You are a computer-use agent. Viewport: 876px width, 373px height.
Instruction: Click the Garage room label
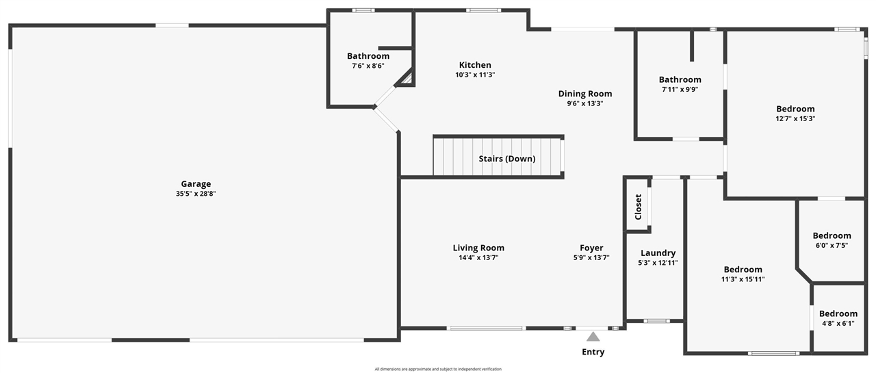(x=196, y=184)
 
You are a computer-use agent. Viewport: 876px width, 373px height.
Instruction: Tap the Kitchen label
(x=475, y=65)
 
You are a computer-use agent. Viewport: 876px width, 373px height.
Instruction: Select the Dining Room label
(x=585, y=94)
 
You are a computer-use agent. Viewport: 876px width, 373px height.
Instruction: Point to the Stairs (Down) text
(x=507, y=159)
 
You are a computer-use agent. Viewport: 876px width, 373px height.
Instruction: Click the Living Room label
(x=478, y=248)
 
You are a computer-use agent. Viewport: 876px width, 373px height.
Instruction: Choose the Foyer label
(x=591, y=248)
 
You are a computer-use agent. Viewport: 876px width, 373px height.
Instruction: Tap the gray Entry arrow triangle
(x=593, y=337)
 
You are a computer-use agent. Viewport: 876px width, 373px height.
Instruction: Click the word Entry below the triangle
(x=593, y=352)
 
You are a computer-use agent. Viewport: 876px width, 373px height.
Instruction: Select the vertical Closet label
(x=639, y=207)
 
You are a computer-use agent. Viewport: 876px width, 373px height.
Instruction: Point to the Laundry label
(x=658, y=253)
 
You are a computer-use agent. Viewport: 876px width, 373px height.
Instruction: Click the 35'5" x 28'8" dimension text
(x=196, y=194)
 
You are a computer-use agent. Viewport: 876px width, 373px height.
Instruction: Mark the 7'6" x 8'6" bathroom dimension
(x=368, y=66)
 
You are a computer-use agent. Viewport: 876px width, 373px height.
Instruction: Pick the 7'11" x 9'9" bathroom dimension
(x=680, y=89)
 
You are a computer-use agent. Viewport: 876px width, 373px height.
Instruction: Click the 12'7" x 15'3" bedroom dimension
(x=795, y=118)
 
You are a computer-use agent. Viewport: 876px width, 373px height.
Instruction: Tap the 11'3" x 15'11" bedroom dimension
(x=743, y=279)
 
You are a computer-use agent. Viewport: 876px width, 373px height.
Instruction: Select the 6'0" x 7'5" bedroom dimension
(x=832, y=246)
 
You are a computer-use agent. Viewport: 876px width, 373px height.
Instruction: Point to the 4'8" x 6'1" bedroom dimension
(x=838, y=323)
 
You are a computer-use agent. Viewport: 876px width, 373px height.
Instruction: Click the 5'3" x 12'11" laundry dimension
(x=658, y=263)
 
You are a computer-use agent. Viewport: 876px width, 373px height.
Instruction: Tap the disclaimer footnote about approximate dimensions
(x=438, y=369)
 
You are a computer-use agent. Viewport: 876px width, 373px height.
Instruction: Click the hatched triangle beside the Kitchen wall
(x=407, y=79)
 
